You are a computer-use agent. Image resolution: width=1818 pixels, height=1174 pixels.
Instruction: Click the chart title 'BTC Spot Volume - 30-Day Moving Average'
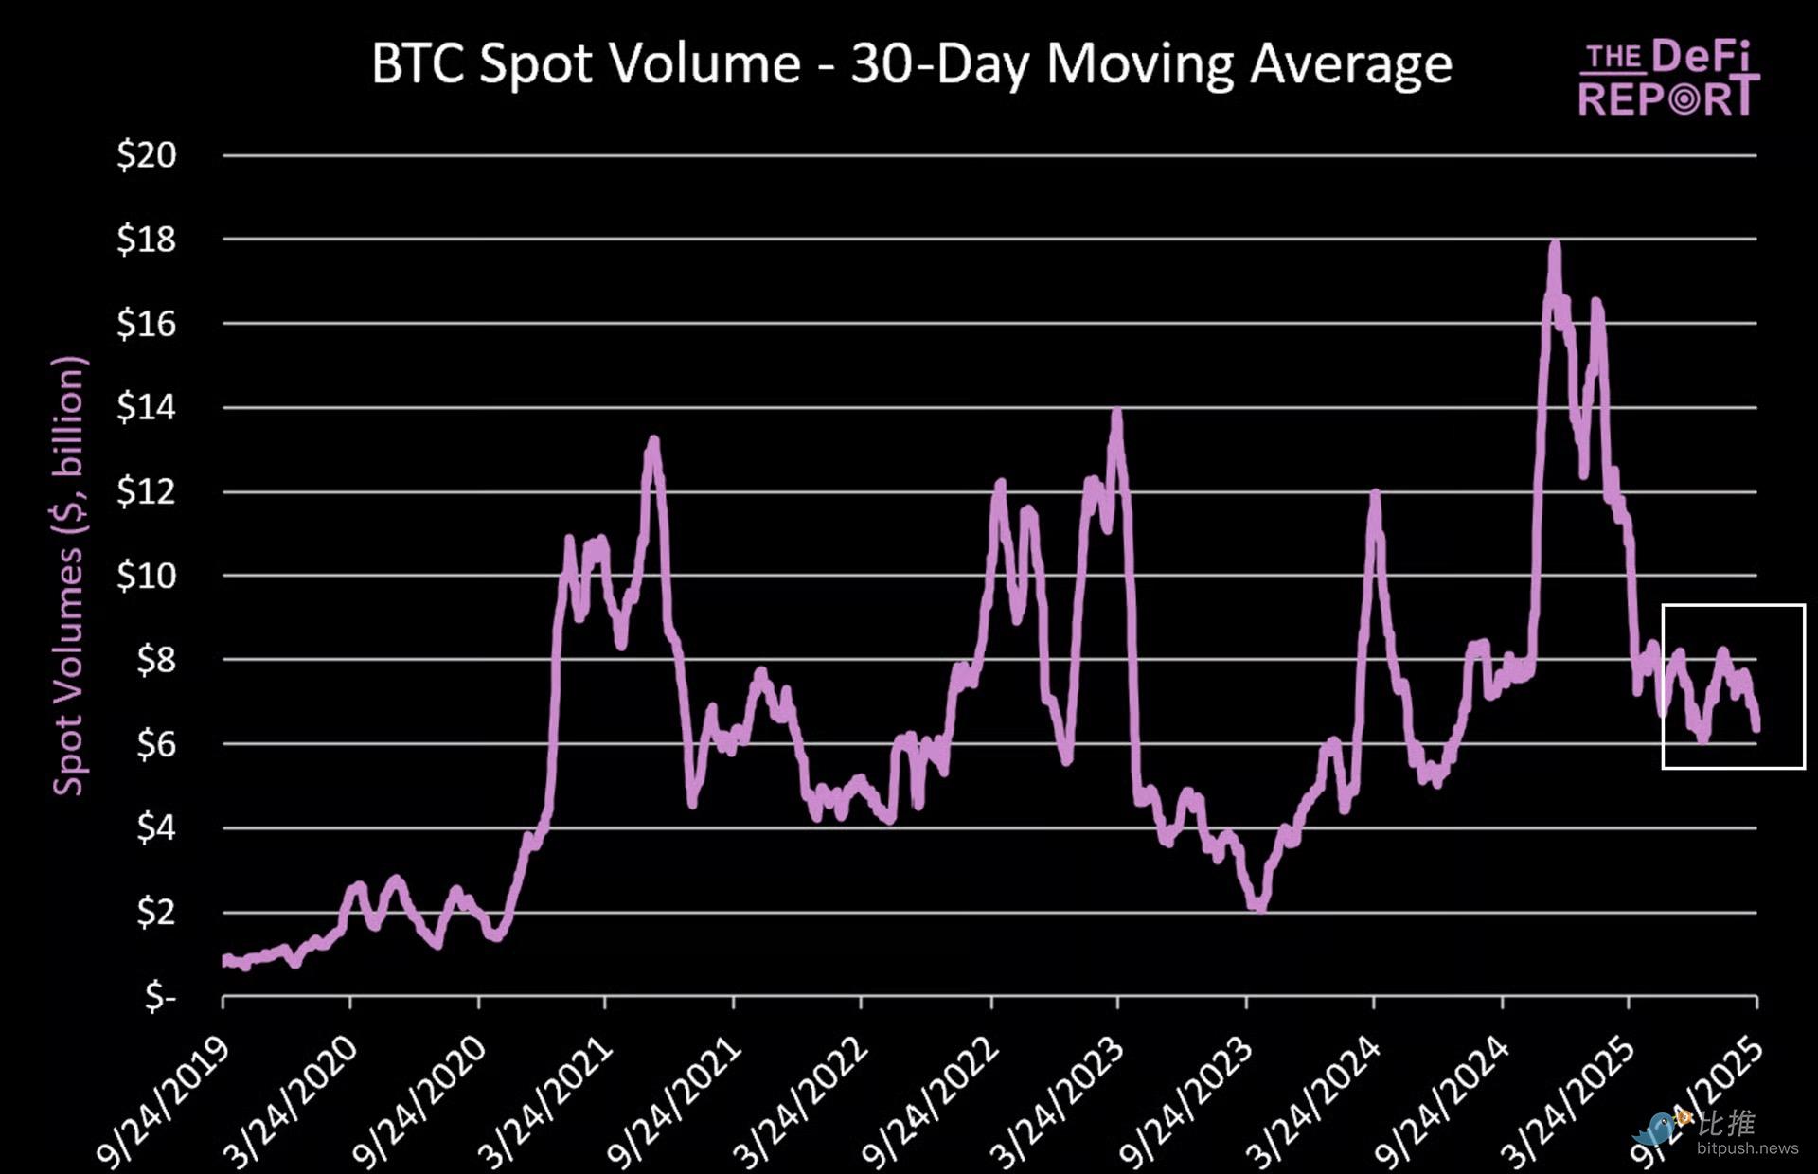click(911, 64)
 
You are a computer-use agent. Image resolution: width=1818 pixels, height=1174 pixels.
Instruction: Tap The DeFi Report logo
click(1668, 79)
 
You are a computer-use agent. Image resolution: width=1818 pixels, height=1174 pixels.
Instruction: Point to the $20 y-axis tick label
click(147, 154)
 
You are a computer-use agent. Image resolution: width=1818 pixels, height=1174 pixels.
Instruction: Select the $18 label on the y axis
click(147, 240)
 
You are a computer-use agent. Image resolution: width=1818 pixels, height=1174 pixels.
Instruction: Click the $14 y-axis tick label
click(147, 407)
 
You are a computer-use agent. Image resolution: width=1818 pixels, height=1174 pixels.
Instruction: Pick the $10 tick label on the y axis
click(147, 576)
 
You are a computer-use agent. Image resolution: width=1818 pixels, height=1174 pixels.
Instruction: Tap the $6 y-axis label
click(156, 744)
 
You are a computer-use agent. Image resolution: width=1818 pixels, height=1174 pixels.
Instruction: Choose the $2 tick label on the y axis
click(156, 913)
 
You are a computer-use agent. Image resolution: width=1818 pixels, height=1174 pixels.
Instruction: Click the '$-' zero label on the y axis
click(161, 996)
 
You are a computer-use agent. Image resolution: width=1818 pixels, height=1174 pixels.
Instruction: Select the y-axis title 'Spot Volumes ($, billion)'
click(68, 576)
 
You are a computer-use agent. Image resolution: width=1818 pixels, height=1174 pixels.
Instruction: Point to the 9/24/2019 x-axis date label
click(163, 1103)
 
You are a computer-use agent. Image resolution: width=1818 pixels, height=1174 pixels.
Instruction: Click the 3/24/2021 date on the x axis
click(545, 1103)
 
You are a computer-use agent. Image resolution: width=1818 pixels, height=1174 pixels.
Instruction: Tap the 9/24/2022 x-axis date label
click(930, 1103)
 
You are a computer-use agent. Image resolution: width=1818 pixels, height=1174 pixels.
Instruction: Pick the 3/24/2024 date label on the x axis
click(1312, 1103)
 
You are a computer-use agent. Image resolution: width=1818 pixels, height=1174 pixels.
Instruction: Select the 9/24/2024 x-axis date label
click(1441, 1103)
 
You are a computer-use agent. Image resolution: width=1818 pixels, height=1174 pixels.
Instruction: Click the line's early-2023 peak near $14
click(1117, 413)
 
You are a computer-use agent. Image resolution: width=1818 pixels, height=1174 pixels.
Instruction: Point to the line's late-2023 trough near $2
click(1258, 906)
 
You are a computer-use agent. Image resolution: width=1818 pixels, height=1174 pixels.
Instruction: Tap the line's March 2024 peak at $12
click(1374, 493)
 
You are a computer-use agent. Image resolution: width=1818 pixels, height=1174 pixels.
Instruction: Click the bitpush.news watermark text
click(1747, 1148)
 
